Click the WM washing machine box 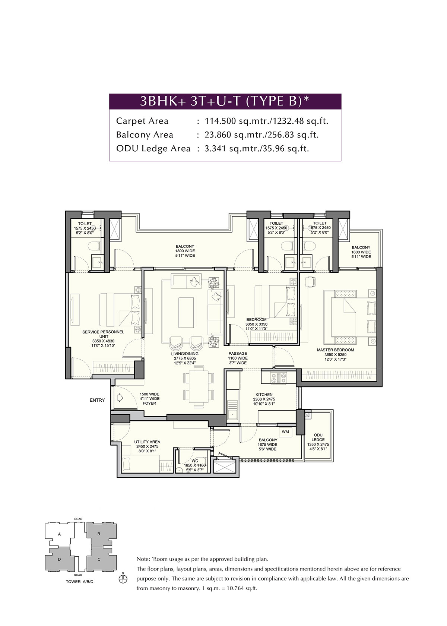coord(285,431)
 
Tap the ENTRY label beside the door coord(97,400)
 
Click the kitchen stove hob coord(279,378)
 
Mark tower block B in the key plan coord(98,534)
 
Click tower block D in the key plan coord(59,559)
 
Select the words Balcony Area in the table coord(145,135)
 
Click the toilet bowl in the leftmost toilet coord(95,246)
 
